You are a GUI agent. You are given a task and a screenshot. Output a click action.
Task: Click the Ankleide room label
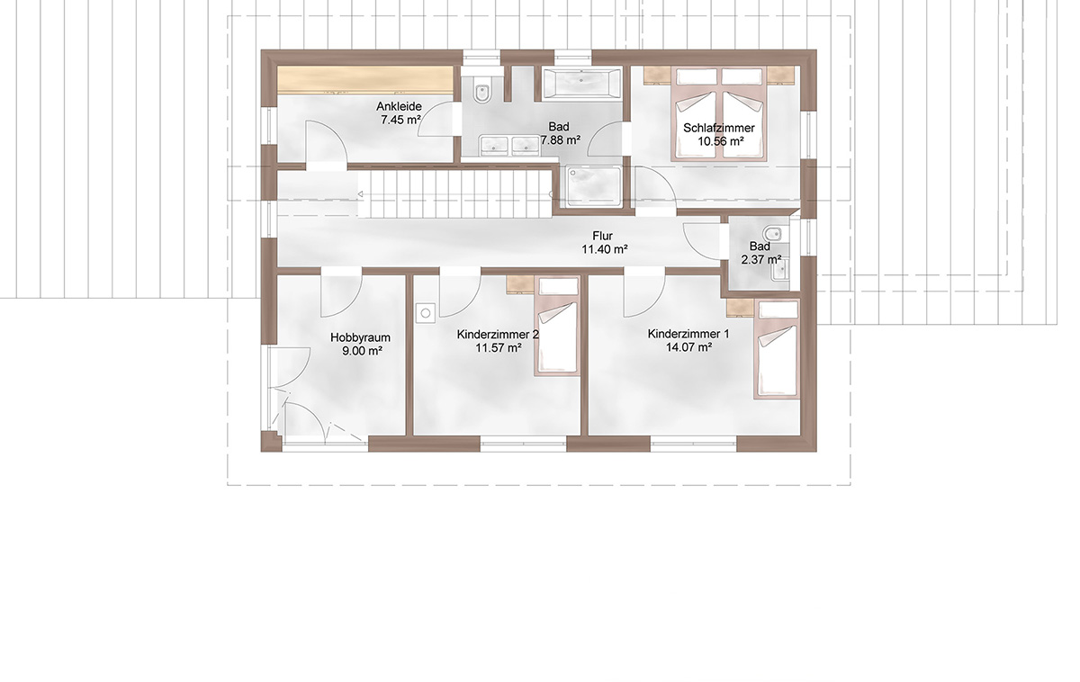(400, 106)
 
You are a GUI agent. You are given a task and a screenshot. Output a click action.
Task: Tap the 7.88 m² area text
(560, 140)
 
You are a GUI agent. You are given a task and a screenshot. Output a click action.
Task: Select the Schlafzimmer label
(719, 128)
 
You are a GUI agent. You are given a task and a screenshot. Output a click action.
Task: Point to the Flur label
(603, 236)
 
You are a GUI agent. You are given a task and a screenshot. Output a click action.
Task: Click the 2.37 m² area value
(760, 259)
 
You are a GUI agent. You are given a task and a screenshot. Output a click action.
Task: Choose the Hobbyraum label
(360, 337)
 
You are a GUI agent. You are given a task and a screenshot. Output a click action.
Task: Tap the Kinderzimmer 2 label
(498, 334)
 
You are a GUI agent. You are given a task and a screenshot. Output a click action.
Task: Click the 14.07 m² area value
(689, 346)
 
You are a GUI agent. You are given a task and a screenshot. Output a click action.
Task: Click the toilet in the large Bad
(481, 90)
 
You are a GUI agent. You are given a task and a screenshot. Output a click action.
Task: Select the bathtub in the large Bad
(581, 85)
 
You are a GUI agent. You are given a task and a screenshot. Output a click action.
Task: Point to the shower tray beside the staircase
(593, 186)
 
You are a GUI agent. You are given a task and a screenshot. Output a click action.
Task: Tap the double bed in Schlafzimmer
(719, 113)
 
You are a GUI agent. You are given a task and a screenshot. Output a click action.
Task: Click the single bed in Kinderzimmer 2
(557, 327)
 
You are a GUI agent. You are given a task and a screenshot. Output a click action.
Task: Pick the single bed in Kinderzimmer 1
(777, 348)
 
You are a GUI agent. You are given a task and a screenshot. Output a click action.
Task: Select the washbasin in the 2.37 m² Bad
(780, 272)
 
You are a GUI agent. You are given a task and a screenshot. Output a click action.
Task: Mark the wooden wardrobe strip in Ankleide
(365, 79)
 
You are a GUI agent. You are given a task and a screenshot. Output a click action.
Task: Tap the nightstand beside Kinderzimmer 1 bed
(740, 306)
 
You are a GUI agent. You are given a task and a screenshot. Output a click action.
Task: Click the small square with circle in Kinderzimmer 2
(426, 313)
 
